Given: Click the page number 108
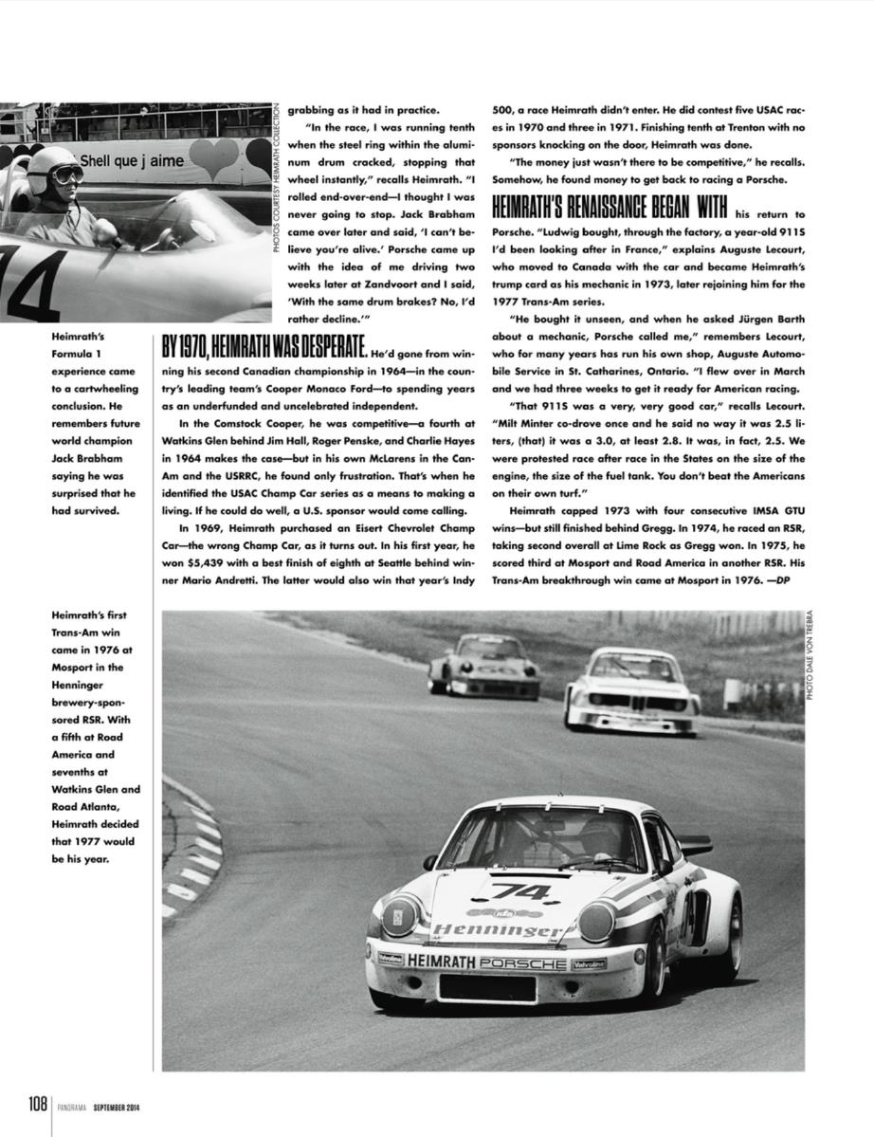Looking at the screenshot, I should [37, 1104].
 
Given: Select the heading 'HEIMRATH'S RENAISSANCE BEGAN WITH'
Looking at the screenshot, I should [609, 209].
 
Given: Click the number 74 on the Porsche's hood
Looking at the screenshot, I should [520, 891].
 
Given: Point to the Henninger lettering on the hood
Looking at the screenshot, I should [497, 932].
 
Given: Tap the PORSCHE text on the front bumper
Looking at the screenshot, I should [522, 963].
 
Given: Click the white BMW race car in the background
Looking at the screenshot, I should [631, 693].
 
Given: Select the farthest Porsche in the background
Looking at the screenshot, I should [484, 667].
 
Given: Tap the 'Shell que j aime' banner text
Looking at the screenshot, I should [131, 162].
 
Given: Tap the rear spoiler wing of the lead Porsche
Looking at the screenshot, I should [694, 843].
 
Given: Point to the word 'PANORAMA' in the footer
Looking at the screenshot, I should [70, 1105].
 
